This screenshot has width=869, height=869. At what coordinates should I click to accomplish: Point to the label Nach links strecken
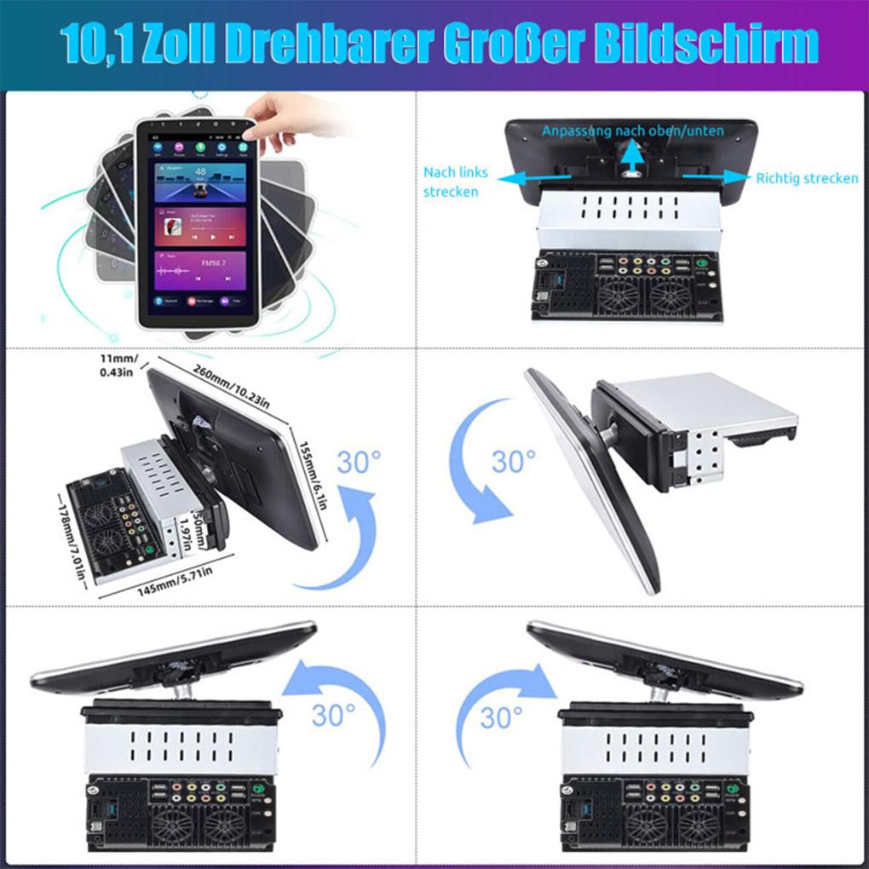coord(456,181)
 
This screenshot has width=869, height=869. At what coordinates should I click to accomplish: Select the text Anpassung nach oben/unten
coord(633,131)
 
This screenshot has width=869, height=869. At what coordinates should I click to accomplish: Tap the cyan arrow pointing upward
coord(631,158)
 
